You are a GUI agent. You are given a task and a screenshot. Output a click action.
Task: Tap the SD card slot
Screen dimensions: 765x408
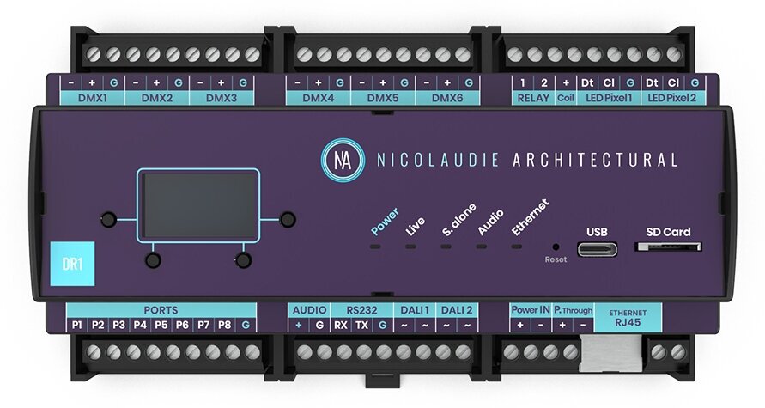click(668, 247)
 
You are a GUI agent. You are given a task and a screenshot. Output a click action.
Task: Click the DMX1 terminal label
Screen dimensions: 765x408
click(92, 98)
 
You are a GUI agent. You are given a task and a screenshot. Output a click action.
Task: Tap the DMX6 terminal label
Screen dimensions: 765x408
click(446, 98)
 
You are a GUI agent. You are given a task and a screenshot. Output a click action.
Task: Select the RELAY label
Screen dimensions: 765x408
click(532, 98)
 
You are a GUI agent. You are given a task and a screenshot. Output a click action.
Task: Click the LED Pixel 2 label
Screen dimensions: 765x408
click(673, 98)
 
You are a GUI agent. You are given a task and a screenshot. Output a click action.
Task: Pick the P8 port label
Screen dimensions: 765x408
click(225, 326)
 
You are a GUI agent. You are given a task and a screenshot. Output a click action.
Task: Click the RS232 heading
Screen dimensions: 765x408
click(361, 309)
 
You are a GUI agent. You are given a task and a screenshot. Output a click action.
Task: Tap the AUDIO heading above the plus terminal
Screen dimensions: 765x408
click(308, 309)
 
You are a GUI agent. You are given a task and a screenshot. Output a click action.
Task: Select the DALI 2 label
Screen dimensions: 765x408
click(456, 309)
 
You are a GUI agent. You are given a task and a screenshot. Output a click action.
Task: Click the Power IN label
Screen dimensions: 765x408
click(530, 309)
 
